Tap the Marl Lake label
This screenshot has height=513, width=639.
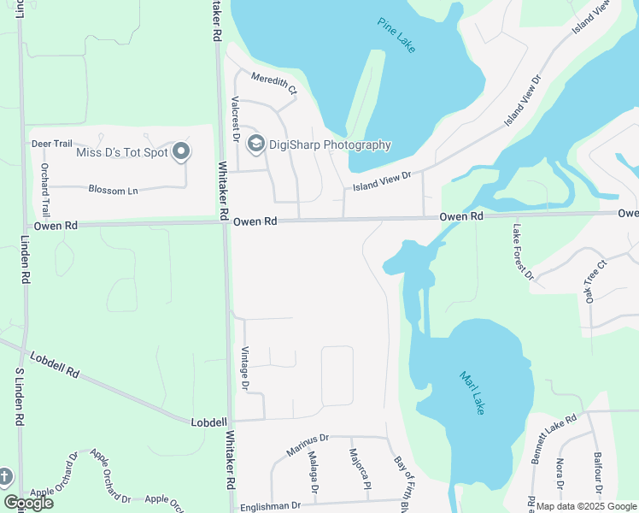pos(472,392)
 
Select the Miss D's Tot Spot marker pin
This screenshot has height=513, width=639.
pos(181,152)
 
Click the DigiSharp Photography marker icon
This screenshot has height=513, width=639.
pos(255,144)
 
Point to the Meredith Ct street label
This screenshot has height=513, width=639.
pos(273,83)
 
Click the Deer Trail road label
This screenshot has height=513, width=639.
pos(52,144)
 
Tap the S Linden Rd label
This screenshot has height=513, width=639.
pos(18,397)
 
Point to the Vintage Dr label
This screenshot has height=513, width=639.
pos(245,369)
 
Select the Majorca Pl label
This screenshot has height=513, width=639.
pos(359,469)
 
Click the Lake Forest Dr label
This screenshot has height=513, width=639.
pos(523,252)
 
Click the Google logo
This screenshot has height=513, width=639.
pos(29,503)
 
